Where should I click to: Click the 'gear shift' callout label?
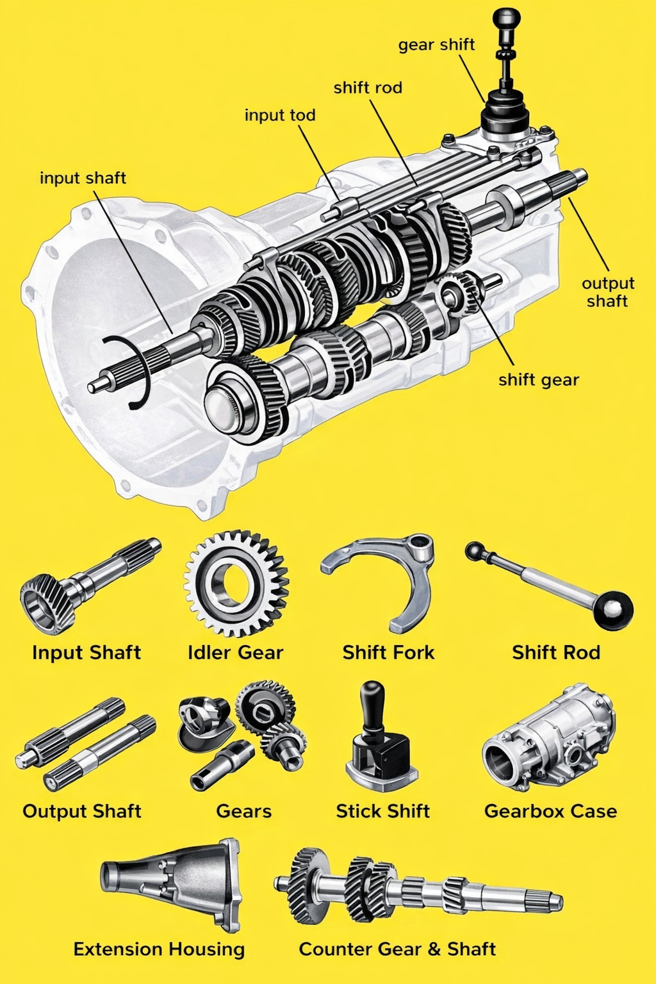tap(436, 45)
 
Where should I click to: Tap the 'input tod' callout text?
tap(280, 115)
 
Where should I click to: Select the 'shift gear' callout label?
tap(539, 380)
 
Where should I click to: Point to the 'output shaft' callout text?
tap(607, 292)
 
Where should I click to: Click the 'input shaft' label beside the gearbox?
tap(83, 177)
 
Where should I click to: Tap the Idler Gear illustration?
tap(236, 582)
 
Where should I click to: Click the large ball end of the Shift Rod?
tap(613, 610)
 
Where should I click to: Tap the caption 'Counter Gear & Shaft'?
tap(397, 949)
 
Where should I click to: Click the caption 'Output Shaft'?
tap(82, 811)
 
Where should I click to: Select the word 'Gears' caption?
tap(243, 811)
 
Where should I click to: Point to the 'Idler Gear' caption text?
tap(235, 652)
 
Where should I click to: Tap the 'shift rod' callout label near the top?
tap(368, 88)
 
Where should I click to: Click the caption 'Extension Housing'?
tap(159, 949)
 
